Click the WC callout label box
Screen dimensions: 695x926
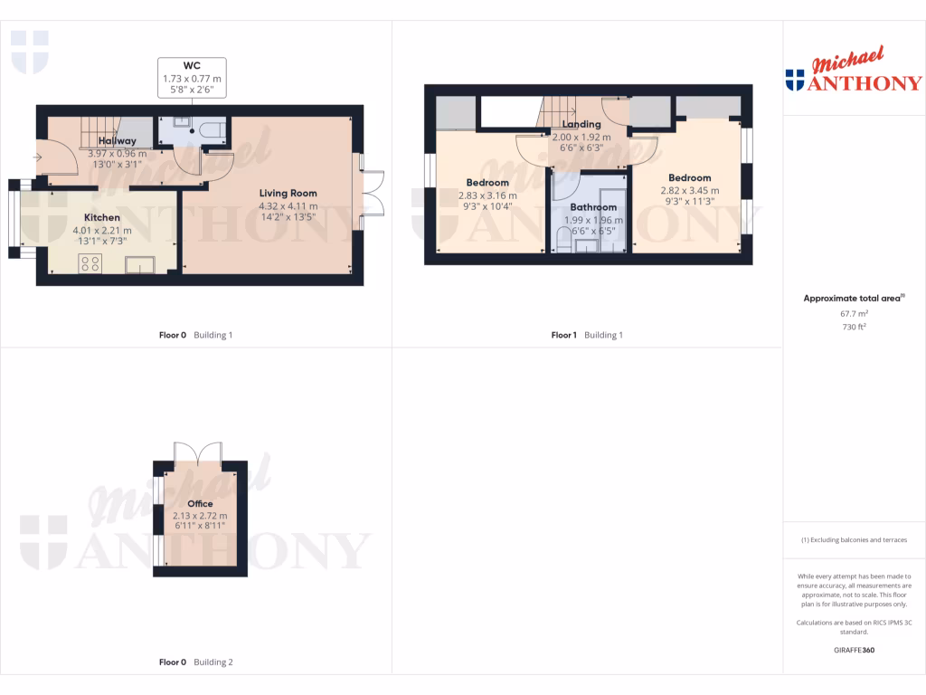pos(192,78)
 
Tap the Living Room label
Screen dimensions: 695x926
pos(288,193)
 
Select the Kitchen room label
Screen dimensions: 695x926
pos(102,217)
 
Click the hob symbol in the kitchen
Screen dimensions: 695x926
pos(90,264)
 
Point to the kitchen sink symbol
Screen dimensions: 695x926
pos(141,264)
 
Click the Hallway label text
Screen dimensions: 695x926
pos(118,141)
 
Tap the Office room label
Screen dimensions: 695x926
pos(200,504)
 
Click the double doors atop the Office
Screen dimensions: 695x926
pos(200,452)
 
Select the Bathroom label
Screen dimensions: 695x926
pos(593,207)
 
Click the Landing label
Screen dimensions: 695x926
pos(581,124)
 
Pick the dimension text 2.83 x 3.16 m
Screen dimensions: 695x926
pos(487,195)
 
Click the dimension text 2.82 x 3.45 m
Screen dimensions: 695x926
pos(690,191)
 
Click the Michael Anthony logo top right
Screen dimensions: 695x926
pos(854,72)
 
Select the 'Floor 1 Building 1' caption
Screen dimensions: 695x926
pos(587,335)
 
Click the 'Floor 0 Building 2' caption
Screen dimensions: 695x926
pos(195,662)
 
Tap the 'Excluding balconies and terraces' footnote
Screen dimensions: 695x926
pos(854,540)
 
